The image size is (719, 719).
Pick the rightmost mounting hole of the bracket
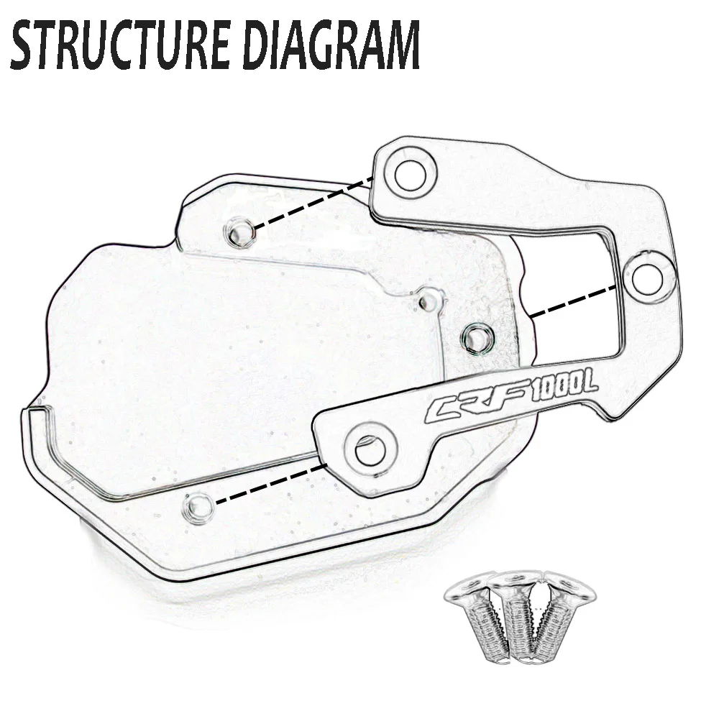(x=648, y=274)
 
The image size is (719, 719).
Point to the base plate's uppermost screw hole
(x=240, y=232)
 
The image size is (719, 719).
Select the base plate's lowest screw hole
(x=197, y=508)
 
